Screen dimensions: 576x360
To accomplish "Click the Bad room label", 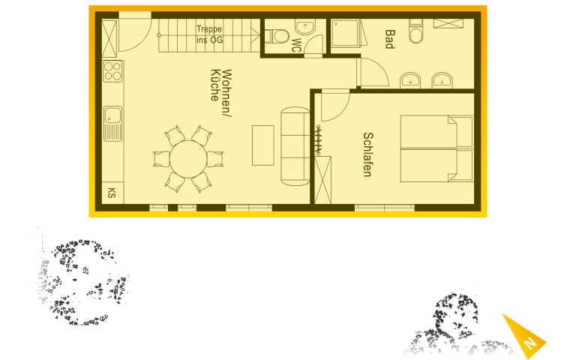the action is coord(390,39).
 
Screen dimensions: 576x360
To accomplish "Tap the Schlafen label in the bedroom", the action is coord(367,154).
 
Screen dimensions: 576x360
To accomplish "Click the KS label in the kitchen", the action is coord(112,193).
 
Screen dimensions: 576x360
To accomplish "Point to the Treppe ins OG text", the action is coord(209,34).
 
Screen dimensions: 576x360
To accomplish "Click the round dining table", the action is coord(188,159).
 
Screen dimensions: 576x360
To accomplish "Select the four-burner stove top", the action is coord(112,71).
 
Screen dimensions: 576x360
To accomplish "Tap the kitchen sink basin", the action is coord(112,115).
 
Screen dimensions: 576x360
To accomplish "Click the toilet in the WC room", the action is coord(277,36).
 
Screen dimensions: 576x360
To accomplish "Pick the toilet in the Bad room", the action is coord(416,32).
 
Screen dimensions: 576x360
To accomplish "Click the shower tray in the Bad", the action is coord(345,34).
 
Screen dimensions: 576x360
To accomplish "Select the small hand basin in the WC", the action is coord(305,26).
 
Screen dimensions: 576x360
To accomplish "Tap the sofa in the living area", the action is coord(295,146).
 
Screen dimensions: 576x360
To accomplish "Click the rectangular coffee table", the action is coord(263,145).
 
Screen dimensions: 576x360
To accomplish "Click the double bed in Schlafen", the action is coord(436,148).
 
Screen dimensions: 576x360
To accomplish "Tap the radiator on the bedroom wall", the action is coord(319,139).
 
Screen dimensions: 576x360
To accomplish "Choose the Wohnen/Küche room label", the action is coord(221,93).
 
